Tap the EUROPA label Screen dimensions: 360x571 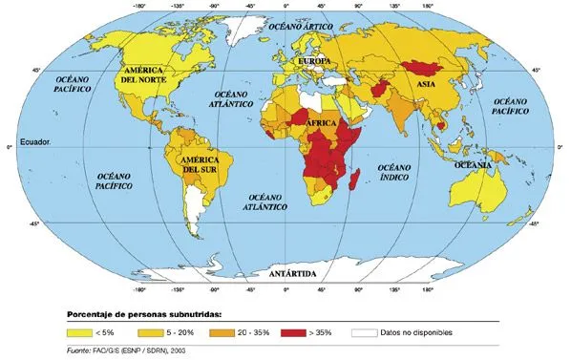(314, 60)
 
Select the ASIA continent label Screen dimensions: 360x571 (427, 84)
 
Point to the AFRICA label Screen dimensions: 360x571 (322, 124)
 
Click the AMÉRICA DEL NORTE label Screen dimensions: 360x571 (144, 75)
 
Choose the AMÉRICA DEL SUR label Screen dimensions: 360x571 (202, 163)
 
